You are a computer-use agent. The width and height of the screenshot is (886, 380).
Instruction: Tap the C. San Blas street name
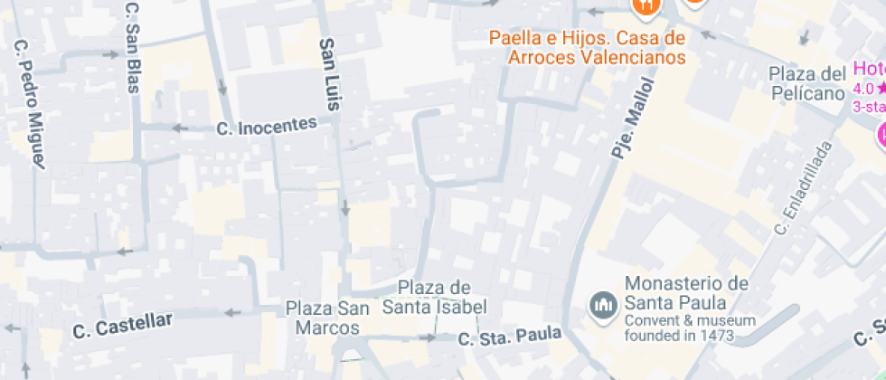click(x=132, y=36)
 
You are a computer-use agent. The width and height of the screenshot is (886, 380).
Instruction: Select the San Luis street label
click(x=330, y=74)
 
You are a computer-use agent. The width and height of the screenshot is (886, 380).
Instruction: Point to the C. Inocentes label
click(x=268, y=126)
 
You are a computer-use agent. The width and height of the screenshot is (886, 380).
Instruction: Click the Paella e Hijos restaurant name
click(x=587, y=48)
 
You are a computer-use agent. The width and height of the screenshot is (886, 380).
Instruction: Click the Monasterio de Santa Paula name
click(x=686, y=292)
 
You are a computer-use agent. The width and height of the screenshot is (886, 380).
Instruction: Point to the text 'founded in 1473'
click(x=679, y=336)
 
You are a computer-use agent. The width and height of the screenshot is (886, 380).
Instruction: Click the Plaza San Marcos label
click(x=327, y=318)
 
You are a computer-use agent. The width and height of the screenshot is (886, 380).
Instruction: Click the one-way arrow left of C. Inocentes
click(x=181, y=128)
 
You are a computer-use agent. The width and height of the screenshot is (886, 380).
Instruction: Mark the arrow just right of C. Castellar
click(x=231, y=313)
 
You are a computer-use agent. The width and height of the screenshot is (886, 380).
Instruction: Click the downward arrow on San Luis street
click(x=345, y=210)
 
